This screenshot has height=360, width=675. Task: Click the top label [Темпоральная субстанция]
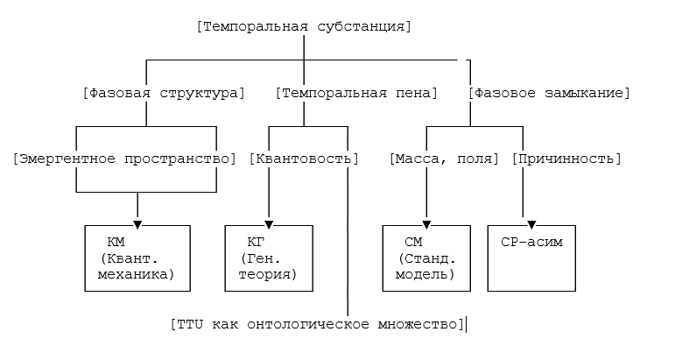click(305, 26)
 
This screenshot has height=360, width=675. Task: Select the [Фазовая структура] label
click(162, 93)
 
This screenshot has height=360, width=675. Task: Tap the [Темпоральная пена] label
click(356, 93)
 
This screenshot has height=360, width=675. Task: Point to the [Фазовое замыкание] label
click(549, 93)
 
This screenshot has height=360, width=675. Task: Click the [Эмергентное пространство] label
click(126, 159)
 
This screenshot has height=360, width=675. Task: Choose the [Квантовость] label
click(304, 159)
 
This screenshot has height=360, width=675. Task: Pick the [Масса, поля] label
click(444, 159)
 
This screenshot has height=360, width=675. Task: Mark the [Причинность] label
click(566, 159)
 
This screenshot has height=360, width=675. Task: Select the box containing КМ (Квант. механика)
click(137, 258)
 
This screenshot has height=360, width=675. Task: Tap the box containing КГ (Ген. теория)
click(269, 258)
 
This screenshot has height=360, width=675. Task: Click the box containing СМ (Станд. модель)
click(426, 258)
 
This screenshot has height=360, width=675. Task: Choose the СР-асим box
click(531, 258)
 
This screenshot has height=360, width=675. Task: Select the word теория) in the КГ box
click(268, 275)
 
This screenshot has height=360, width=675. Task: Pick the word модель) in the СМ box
click(426, 275)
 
